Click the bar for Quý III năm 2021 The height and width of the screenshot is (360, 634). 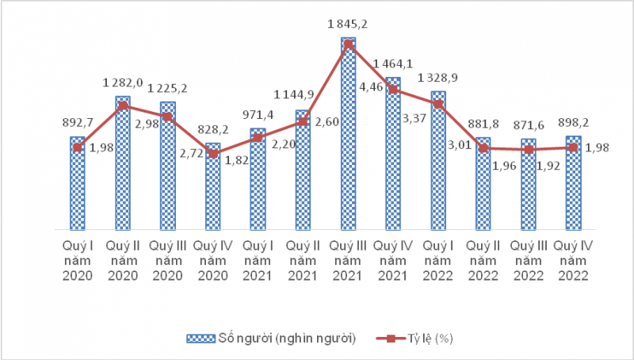pos(348,135)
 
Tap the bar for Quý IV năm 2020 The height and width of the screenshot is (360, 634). pos(212,186)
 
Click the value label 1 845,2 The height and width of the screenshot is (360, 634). pos(348,27)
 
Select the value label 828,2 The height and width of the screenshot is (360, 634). pos(212,129)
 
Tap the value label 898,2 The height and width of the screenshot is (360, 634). pos(573,121)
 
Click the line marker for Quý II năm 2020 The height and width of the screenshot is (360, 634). pos(123,105)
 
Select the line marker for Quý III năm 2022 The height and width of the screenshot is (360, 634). pos(528,150)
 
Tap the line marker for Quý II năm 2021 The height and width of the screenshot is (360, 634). pos(303,121)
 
